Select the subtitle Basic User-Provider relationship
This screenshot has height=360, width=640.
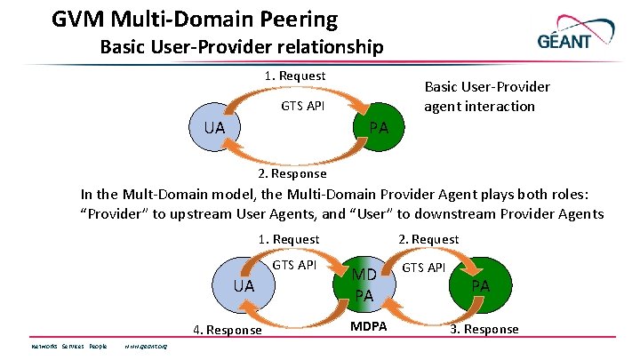tap(242, 46)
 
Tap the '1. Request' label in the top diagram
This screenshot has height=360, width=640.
tap(295, 76)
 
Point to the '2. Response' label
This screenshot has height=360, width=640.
tap(292, 173)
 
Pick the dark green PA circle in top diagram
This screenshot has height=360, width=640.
tap(379, 127)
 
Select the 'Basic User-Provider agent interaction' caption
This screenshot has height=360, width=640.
tap(486, 96)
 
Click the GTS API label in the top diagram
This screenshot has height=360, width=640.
tap(302, 107)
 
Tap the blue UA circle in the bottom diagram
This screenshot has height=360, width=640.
tap(244, 285)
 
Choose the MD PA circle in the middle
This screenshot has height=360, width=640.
tap(364, 284)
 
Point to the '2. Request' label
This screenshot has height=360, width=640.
tap(428, 239)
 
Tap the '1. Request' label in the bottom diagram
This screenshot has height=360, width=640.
tap(288, 239)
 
